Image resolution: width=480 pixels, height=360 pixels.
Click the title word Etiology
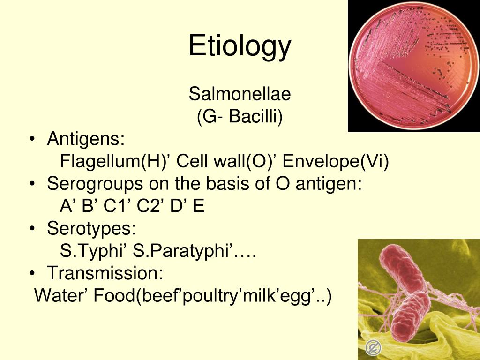click(240, 46)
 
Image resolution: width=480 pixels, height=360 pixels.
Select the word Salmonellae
click(240, 94)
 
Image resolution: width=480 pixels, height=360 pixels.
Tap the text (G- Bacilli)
click(240, 117)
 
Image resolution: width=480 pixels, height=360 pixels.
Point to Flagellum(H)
click(112, 161)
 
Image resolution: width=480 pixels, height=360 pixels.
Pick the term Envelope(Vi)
click(336, 161)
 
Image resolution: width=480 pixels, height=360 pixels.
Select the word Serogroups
click(95, 184)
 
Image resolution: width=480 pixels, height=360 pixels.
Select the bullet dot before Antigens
click(32, 139)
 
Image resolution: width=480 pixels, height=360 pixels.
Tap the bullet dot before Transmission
click(32, 273)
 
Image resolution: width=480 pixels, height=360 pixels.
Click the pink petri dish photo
click(414, 66)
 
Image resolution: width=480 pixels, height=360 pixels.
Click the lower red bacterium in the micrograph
click(410, 316)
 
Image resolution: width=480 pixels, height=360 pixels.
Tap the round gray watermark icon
click(373, 347)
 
